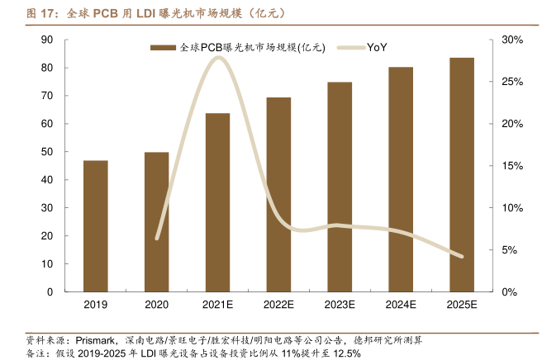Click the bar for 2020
pyautogui.click(x=157, y=222)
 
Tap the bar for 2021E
pyautogui.click(x=218, y=202)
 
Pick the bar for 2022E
pyautogui.click(x=279, y=195)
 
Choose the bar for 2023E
pyautogui.click(x=340, y=187)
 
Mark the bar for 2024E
pyautogui.click(x=401, y=179)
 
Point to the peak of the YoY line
pyautogui.click(x=218, y=57)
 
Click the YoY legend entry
pyautogui.click(x=376, y=48)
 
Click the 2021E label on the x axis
pyautogui.click(x=218, y=305)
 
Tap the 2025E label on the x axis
pyautogui.click(x=462, y=305)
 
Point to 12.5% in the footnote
pyautogui.click(x=345, y=353)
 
